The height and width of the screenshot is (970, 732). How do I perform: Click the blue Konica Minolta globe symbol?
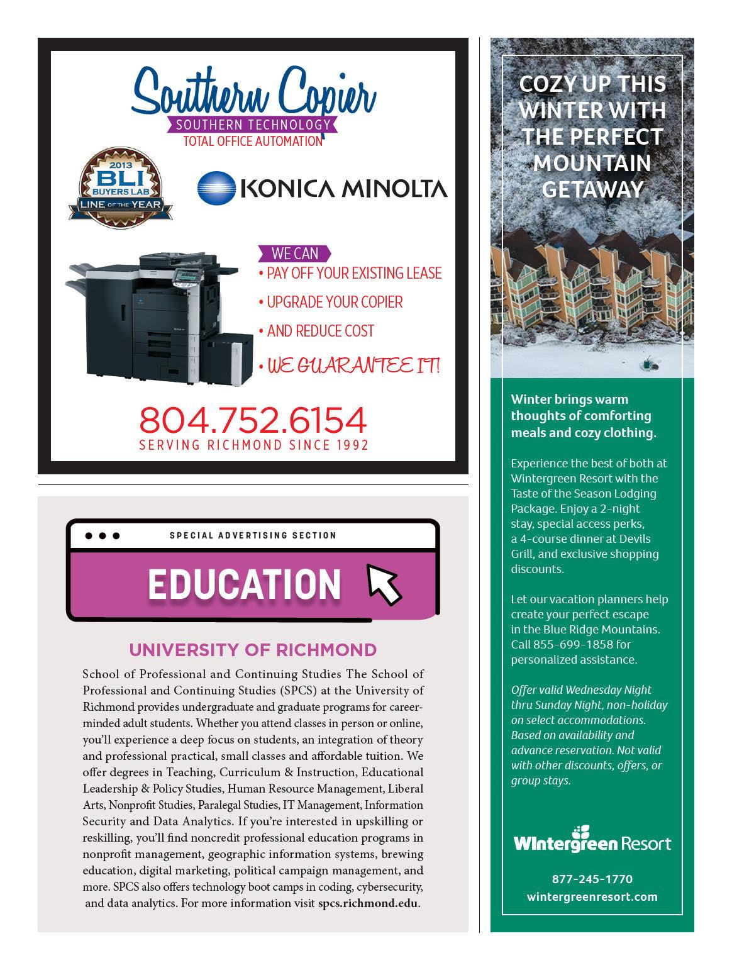[x=215, y=187]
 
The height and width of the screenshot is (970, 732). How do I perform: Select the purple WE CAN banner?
[x=294, y=254]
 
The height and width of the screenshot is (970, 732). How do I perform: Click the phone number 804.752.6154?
[x=253, y=420]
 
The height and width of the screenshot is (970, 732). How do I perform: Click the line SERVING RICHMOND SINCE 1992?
[x=253, y=445]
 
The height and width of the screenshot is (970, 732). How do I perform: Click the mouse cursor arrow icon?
[x=384, y=583]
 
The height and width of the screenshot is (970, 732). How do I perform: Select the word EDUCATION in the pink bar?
[x=244, y=584]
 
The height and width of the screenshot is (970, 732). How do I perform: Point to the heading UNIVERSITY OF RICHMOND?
[x=253, y=649]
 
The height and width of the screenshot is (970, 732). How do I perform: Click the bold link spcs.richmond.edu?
[x=368, y=903]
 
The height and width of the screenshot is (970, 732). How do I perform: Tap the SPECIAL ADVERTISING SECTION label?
[x=253, y=535]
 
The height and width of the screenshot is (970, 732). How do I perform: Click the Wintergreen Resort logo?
[x=592, y=840]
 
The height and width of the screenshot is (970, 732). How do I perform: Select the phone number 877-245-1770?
[x=592, y=879]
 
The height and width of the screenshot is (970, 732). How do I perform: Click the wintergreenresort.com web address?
[x=592, y=896]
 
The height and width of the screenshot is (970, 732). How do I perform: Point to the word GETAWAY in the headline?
[x=592, y=189]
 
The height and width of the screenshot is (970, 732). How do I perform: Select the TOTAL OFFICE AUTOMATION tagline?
[x=253, y=142]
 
